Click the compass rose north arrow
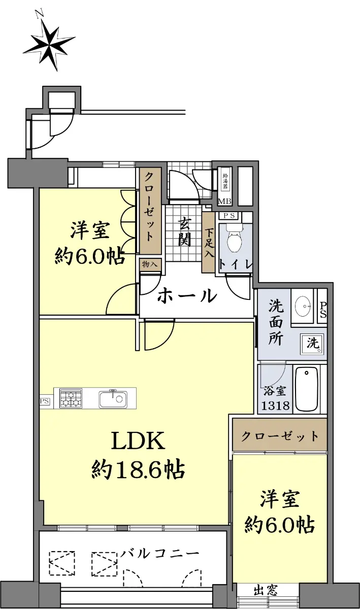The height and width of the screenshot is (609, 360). tap(49, 41)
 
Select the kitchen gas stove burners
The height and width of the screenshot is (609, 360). tap(71, 398)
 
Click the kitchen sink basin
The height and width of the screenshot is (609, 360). tap(113, 399)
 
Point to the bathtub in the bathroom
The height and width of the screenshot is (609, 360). tap(307, 389)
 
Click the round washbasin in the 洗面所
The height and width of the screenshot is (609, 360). tap(303, 306)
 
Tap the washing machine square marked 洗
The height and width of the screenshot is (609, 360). tap(312, 344)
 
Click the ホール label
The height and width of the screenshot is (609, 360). tap(187, 295)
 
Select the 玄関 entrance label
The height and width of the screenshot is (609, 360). tap(184, 231)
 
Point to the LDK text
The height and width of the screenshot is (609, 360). tap(138, 441)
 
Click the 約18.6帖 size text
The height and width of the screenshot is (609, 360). tap(138, 469)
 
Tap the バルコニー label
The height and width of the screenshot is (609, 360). tap(160, 554)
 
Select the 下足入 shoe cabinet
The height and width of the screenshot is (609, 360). tap(209, 243)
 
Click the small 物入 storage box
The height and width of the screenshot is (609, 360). tap(150, 264)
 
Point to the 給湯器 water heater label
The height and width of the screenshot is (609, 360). tap(225, 182)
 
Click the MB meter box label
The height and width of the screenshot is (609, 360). tap(225, 202)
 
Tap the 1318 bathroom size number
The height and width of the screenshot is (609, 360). tap(275, 405)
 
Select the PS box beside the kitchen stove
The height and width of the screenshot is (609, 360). tap(45, 401)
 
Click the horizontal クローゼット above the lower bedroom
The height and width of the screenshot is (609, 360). tap(279, 436)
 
